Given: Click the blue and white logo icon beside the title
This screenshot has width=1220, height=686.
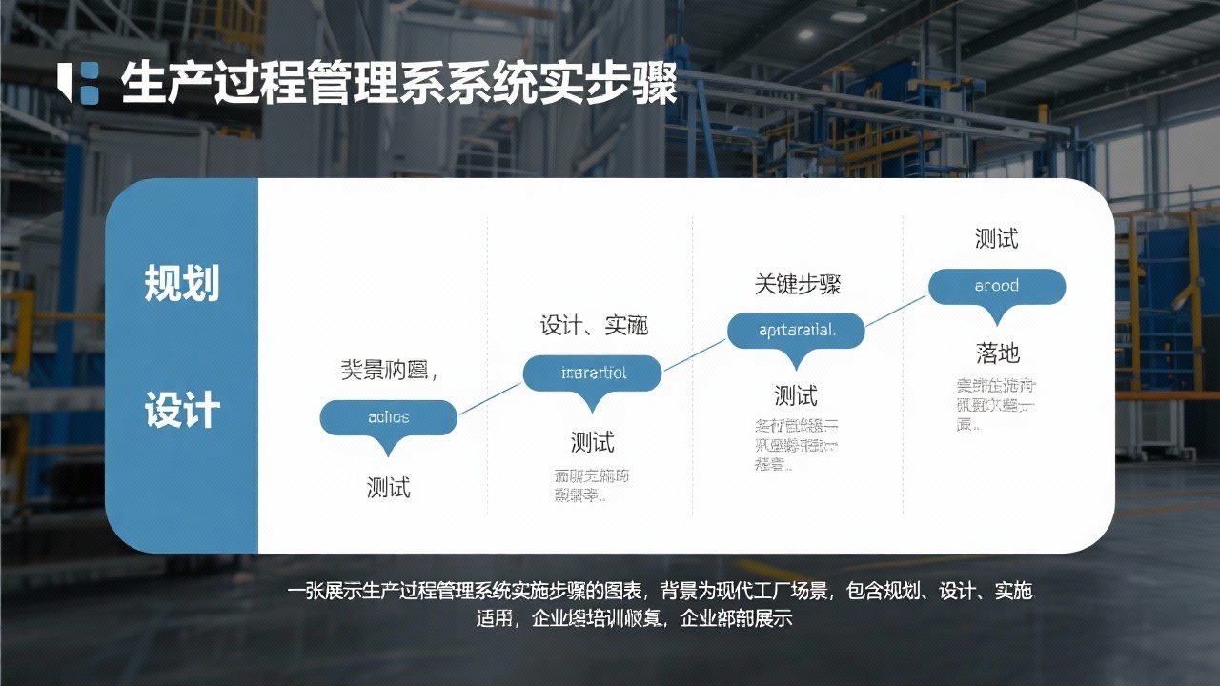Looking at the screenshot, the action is pos(78,82).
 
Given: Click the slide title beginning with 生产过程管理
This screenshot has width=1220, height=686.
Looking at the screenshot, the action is pos(398,84).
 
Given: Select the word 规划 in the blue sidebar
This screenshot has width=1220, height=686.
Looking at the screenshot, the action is pos(181,284).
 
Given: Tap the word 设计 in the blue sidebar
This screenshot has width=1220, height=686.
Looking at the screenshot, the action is pos(181,412).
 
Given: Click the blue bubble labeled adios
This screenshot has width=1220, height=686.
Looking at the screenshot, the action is pos(388,417).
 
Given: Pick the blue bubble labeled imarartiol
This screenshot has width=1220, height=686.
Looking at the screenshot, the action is pos(592,373).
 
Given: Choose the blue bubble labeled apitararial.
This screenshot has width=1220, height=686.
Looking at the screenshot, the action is pos(796,331).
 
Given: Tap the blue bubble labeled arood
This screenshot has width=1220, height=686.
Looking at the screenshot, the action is pos(997,286).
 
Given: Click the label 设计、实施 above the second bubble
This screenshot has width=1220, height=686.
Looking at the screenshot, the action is pos(594,325).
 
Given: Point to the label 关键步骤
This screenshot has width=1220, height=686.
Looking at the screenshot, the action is pos(798,284).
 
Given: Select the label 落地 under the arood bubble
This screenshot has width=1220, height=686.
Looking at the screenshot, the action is pos(998,353).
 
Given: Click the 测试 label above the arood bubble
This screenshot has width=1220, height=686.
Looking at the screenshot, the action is pos(996,238).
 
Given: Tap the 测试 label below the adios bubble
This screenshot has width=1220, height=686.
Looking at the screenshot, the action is pos(388,487).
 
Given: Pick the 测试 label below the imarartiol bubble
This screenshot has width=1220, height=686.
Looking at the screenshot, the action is pos(592,442).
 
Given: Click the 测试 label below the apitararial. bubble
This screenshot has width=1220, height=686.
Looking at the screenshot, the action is pos(796,395).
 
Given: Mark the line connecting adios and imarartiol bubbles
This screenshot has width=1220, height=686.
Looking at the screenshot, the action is pos(491,395).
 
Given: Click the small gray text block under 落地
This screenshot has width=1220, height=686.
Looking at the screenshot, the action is pos(996,405).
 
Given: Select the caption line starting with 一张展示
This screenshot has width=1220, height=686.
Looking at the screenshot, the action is pos(660,592).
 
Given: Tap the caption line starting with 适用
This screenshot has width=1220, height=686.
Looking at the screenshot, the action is pos(634,618).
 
